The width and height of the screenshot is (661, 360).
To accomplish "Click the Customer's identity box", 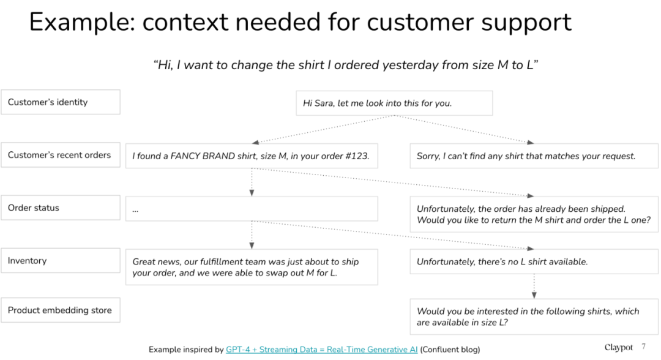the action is pyautogui.click(x=60, y=102).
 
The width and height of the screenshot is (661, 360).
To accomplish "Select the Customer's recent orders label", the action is pyautogui.click(x=60, y=155).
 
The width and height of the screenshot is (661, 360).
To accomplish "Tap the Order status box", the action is pyautogui.click(x=60, y=208).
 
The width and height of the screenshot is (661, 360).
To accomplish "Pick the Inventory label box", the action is pyautogui.click(x=60, y=261).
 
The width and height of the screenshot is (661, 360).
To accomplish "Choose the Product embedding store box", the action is pyautogui.click(x=60, y=310).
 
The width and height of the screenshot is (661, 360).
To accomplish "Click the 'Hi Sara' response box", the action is pyautogui.click(x=394, y=103).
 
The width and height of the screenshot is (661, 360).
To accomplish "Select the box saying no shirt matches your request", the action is pyautogui.click(x=534, y=156).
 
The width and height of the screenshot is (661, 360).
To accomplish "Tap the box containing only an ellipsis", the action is pyautogui.click(x=252, y=209).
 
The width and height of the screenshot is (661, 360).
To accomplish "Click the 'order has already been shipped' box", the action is pyautogui.click(x=534, y=214).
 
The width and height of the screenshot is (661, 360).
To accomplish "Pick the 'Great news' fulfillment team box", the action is pyautogui.click(x=252, y=267).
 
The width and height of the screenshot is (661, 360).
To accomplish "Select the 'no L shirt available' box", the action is pyautogui.click(x=534, y=262).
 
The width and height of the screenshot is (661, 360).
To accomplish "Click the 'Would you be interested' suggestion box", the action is pyautogui.click(x=534, y=317).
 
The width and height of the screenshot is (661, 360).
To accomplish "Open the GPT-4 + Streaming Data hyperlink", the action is pyautogui.click(x=322, y=350).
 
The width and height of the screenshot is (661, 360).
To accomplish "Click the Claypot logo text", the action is pyautogui.click(x=619, y=347).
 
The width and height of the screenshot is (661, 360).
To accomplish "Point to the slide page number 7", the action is pyautogui.click(x=644, y=347).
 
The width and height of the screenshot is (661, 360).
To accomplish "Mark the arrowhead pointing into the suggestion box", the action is pyautogui.click(x=534, y=296).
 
